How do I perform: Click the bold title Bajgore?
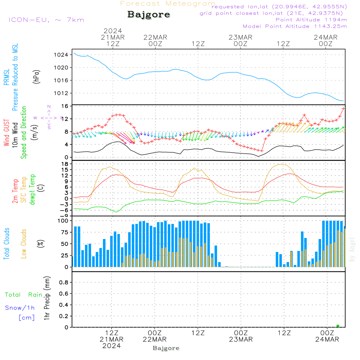pos(149,15)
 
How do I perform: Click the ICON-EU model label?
pos(46,19)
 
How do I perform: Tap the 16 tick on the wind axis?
pos(65,106)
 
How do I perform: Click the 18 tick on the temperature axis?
pos(65,164)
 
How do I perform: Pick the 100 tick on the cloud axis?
pos(63,220)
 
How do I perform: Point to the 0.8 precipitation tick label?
pos(64,282)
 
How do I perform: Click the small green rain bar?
pos(338,326)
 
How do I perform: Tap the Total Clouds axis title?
pos(7,244)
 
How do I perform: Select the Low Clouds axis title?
pos(24,244)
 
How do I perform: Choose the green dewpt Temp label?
pos(32,189)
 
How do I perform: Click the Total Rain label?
pos(24,294)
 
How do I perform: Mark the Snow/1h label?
pos(20,308)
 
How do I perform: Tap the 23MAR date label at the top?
pos(240,37)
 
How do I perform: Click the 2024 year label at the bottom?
pos(112,346)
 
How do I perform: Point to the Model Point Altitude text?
pos(295,26)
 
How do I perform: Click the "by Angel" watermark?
pos(352,250)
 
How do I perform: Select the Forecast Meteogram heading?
pos(168,4)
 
